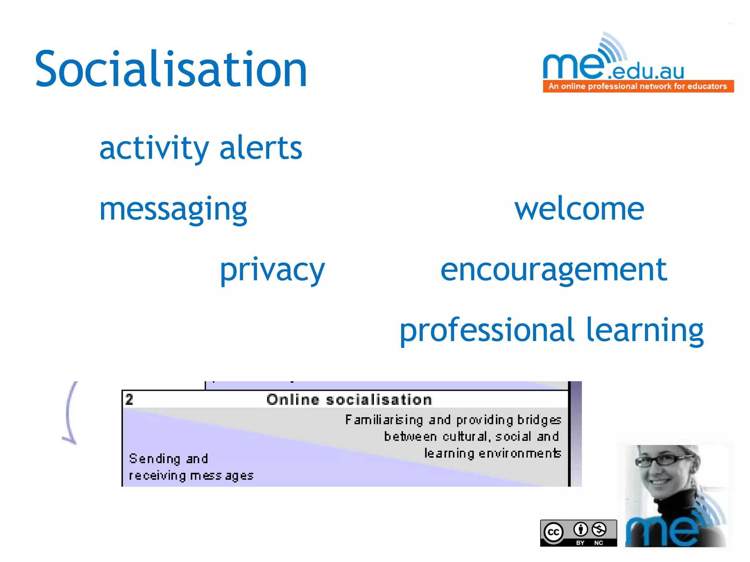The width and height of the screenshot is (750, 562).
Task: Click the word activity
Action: tap(154, 148)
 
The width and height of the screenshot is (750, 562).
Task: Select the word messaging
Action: tap(173, 210)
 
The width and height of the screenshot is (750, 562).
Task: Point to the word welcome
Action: tap(579, 209)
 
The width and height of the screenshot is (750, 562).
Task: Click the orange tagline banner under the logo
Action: tap(638, 86)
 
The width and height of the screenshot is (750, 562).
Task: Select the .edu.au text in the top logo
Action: tap(646, 71)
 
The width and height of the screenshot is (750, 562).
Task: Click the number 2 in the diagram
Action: tap(129, 400)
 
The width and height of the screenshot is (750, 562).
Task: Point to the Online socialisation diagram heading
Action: tap(349, 400)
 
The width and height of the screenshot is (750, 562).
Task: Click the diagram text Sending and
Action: tap(168, 459)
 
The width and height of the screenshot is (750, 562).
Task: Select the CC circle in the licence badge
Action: tap(553, 532)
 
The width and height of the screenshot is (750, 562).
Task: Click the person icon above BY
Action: tap(580, 529)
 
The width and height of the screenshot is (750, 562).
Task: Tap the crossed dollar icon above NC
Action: tap(599, 529)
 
